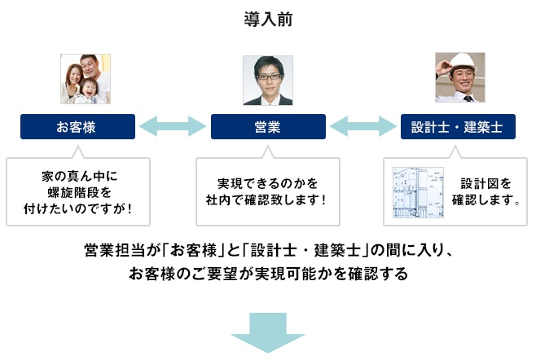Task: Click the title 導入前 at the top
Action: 267,18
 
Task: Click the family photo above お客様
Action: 85,78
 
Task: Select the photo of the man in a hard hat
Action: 460,78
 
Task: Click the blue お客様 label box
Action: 77,126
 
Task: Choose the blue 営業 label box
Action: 268,126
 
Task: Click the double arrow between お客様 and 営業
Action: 173,126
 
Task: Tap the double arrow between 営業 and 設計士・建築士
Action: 362,126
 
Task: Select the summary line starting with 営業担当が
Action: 267,249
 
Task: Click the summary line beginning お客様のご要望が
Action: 267,273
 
